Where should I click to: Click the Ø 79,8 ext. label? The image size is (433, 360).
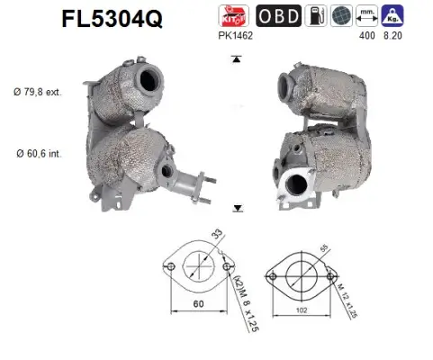click(x=38, y=92)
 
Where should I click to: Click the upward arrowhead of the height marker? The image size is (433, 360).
click(x=236, y=58)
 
